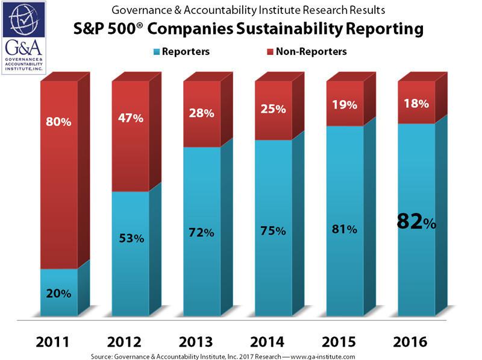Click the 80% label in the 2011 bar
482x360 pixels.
click(x=58, y=122)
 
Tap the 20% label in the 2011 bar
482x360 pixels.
click(x=58, y=294)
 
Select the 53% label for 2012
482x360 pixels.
click(x=130, y=238)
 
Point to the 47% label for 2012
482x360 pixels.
click(x=130, y=118)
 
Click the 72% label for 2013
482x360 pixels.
click(x=201, y=232)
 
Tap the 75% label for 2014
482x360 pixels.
click(x=272, y=230)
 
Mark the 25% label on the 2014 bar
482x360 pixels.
click(x=272, y=109)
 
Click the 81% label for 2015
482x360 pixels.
click(x=344, y=229)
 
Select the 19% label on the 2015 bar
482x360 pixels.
click(x=344, y=104)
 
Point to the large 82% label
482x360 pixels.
click(x=415, y=223)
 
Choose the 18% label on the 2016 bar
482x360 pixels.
click(x=416, y=103)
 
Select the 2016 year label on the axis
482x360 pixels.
click(x=415, y=342)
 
